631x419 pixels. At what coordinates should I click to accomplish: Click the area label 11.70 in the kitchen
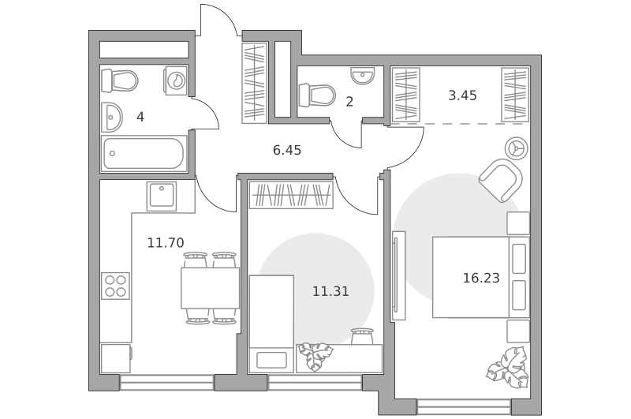point(166,243)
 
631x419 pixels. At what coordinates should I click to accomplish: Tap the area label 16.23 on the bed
point(481,278)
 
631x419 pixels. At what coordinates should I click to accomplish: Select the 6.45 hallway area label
point(287,150)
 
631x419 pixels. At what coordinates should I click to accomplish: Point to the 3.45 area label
point(462,95)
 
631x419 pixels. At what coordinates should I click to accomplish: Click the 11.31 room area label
point(330,291)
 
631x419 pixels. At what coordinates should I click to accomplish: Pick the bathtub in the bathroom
point(144,153)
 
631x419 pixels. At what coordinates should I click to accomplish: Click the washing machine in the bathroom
point(175,80)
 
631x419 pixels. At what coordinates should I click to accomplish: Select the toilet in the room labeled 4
point(120,81)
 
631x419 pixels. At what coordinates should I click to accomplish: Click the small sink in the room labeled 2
point(363,75)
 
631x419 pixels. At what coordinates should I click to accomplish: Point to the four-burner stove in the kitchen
point(115,286)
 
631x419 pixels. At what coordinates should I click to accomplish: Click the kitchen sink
point(162,196)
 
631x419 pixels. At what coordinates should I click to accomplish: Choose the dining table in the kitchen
point(210,288)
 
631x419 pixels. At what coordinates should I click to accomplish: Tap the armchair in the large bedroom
point(501,181)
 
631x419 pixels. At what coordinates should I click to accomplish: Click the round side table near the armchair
point(517,148)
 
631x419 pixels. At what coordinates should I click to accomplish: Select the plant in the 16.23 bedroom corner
point(507,367)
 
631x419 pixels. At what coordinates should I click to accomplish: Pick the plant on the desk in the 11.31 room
point(315,356)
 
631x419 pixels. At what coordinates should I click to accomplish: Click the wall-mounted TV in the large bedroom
point(398,275)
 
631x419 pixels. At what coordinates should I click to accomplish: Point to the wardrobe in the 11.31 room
point(291,195)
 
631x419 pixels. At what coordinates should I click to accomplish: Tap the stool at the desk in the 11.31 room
point(363,336)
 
